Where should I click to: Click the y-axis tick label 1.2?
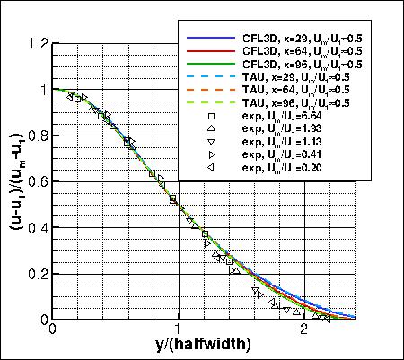tap(39, 44)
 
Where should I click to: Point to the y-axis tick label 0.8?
tap(39, 136)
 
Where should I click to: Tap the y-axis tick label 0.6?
tap(39, 181)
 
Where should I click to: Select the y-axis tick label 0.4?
tap(39, 227)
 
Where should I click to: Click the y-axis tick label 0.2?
tap(39, 273)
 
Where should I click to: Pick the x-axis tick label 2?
tap(303, 329)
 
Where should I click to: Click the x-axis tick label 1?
tap(179, 329)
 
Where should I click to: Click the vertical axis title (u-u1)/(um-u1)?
tap(15, 180)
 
